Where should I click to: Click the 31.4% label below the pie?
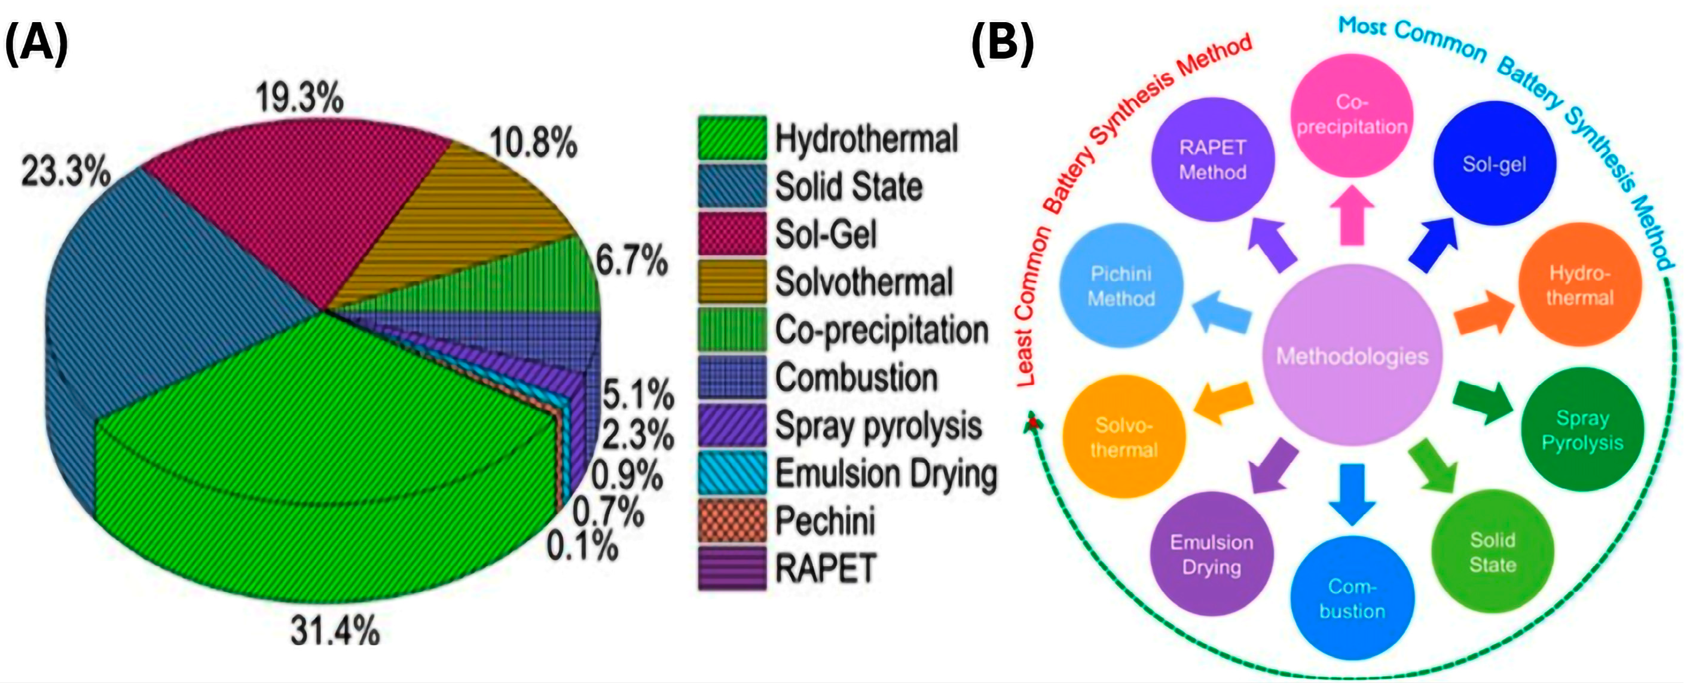(335, 631)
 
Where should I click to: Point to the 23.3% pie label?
(66, 173)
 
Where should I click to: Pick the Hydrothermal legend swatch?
(732, 138)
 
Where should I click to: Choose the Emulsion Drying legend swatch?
(732, 473)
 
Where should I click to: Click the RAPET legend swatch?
(732, 569)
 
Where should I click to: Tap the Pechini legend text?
(825, 521)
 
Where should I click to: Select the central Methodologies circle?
(1352, 356)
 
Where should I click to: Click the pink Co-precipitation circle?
(1351, 115)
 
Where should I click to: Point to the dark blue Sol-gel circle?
(1494, 164)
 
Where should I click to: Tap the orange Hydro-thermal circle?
(1579, 285)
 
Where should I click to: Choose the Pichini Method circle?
(1121, 286)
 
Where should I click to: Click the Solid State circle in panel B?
(1493, 552)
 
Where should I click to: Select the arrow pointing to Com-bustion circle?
(1352, 493)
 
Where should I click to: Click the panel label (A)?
(37, 42)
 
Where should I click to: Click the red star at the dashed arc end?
(1034, 422)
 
